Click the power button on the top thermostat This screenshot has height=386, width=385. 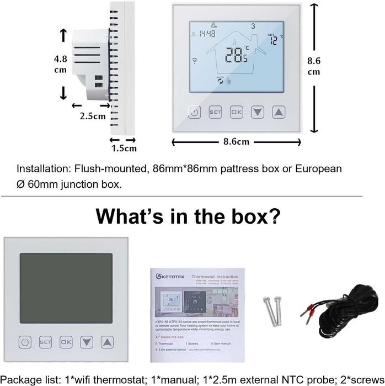[193, 112]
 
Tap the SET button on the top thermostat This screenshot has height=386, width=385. [215, 112]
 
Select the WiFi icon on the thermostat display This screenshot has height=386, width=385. [194, 60]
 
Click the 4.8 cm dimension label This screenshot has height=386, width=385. [60, 64]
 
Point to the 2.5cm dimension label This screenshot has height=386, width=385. [93, 116]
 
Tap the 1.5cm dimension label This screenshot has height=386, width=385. [123, 147]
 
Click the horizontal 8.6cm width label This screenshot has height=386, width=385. [236, 142]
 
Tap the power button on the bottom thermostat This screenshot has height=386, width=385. [24, 342]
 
